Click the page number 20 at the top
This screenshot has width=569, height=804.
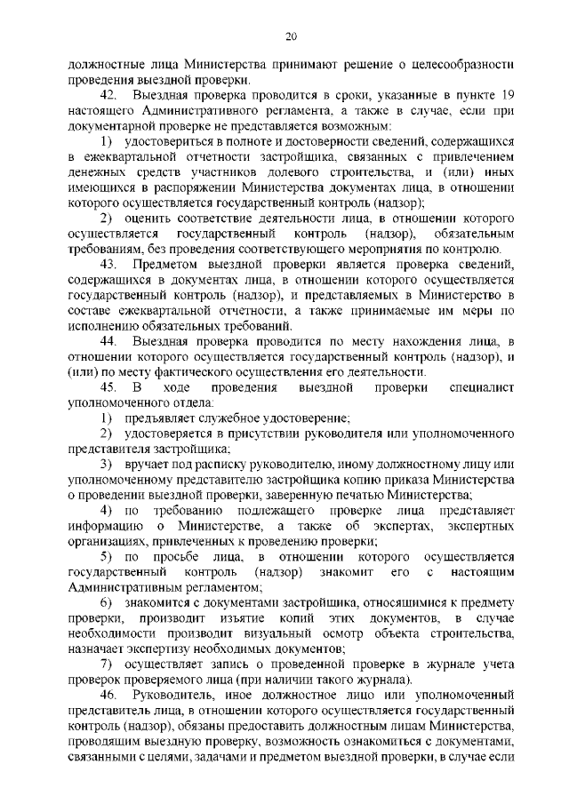click(290, 36)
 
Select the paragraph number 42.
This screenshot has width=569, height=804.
click(108, 95)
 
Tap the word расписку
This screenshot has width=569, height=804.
click(212, 464)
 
